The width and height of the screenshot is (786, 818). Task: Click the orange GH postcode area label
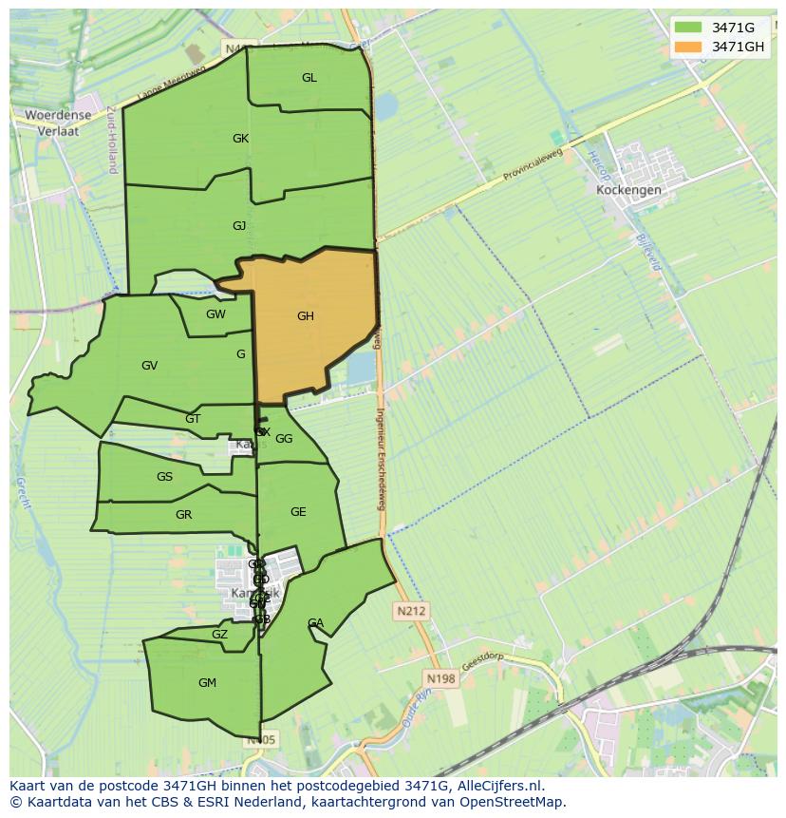(305, 316)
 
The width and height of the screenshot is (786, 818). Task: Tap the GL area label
(309, 78)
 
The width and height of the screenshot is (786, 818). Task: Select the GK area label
(240, 139)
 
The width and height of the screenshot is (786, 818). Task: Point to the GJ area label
(239, 225)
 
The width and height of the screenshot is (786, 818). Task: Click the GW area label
(215, 314)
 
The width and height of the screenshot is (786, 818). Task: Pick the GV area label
(149, 366)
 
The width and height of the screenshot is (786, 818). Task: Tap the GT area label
(193, 419)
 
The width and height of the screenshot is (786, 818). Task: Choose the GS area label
(164, 477)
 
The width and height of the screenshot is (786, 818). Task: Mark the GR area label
(183, 515)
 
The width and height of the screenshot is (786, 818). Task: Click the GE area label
(298, 512)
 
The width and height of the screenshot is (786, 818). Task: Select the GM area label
(207, 683)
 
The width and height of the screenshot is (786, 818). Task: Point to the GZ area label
(219, 635)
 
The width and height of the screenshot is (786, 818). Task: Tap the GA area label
(315, 623)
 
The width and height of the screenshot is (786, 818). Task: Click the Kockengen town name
(628, 190)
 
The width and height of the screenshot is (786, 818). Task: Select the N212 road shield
(412, 611)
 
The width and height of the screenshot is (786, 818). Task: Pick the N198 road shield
(440, 678)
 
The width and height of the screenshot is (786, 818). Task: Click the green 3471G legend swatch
(688, 28)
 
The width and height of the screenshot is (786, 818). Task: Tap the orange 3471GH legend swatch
(688, 47)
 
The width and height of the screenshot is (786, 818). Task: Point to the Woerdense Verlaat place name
(58, 124)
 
